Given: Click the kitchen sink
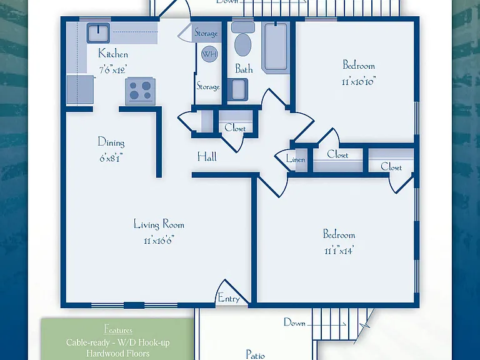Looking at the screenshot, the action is click(98, 32).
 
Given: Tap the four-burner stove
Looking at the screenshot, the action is click(140, 91).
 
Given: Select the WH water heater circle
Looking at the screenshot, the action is click(209, 54).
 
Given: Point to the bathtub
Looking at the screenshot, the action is click(276, 47).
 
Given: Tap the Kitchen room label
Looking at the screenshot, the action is click(113, 54).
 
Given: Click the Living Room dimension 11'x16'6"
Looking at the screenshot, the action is click(159, 241).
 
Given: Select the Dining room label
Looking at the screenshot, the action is click(111, 142).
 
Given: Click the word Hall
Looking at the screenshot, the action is click(207, 157).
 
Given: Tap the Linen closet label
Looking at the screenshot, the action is click(296, 159).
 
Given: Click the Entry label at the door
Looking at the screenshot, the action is click(229, 298).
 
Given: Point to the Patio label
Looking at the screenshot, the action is click(256, 355).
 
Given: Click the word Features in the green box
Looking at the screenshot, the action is click(118, 330).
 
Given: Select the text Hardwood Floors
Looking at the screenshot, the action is click(118, 353).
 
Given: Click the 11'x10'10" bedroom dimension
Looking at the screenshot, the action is click(359, 82).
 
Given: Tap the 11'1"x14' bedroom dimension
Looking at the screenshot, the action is click(339, 251).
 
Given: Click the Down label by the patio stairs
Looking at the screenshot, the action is click(294, 322).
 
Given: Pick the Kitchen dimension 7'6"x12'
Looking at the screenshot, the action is click(112, 70).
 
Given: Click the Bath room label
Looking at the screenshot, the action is click(244, 69).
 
